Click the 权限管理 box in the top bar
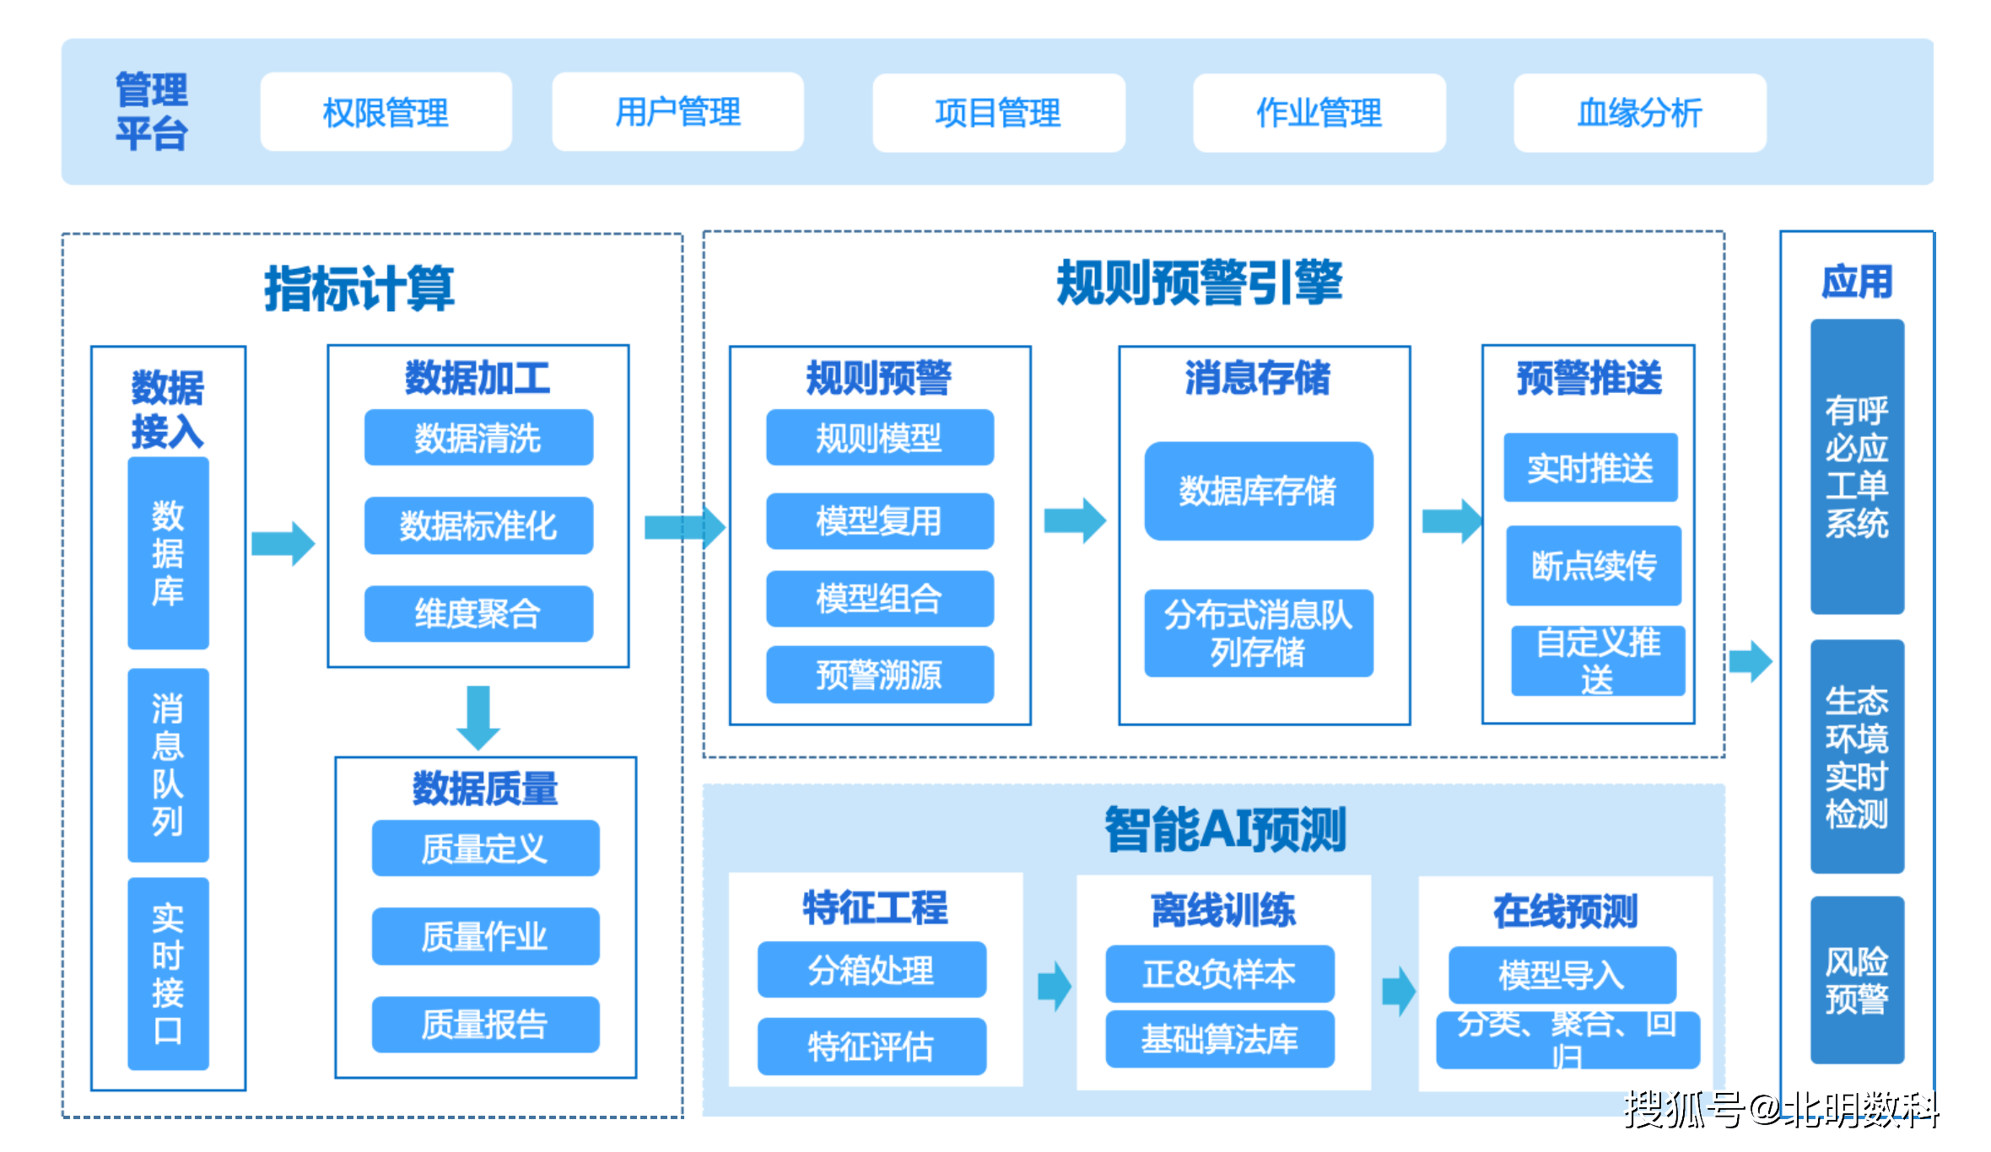tap(386, 112)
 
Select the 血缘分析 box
tap(1639, 112)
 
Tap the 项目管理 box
tap(998, 112)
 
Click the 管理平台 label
tap(152, 112)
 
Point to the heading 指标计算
tap(359, 288)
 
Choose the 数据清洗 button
tap(478, 438)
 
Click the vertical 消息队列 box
tap(168, 764)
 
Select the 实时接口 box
tap(168, 973)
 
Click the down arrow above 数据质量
tap(478, 718)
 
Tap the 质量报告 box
tap(485, 1025)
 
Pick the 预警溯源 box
tap(879, 675)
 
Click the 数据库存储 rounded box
tap(1258, 491)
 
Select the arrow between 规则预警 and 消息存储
tap(1074, 520)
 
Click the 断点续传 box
tap(1594, 565)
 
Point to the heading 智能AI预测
tap(1225, 829)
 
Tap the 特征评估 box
tap(871, 1047)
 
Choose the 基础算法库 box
tap(1220, 1039)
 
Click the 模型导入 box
tap(1562, 975)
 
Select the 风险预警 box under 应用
tap(1856, 980)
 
